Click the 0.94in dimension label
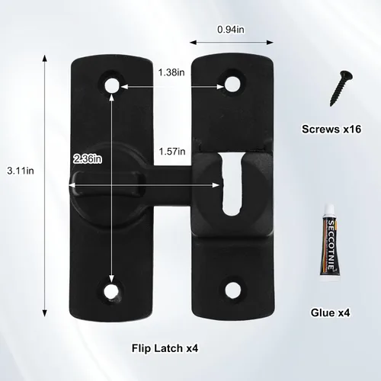pyautogui.click(x=231, y=30)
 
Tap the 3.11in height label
pyautogui.click(x=21, y=171)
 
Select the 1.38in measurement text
pyautogui.click(x=171, y=72)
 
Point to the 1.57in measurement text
pyautogui.click(x=172, y=152)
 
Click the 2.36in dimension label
pyautogui.click(x=88, y=159)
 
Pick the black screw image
pyautogui.click(x=341, y=88)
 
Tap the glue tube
pyautogui.click(x=331, y=242)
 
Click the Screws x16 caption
pyautogui.click(x=331, y=129)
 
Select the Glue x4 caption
pyautogui.click(x=330, y=312)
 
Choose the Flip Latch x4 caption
pyautogui.click(x=165, y=348)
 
